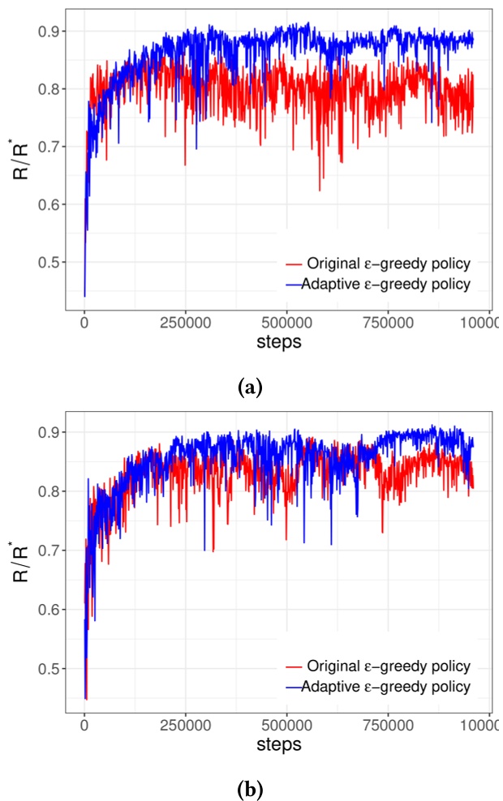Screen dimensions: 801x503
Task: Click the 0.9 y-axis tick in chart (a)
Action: tap(52, 32)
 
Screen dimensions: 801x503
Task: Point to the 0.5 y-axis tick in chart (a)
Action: tap(52, 262)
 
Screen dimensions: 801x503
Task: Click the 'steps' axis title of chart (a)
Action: tap(278, 342)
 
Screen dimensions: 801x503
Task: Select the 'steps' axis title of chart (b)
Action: tap(278, 743)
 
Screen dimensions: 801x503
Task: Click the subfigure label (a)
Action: tap(251, 388)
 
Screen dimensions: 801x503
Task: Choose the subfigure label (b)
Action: tap(251, 786)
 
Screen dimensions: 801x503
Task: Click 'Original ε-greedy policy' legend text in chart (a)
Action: tap(389, 263)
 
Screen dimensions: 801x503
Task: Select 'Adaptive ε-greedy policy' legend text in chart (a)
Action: tap(386, 284)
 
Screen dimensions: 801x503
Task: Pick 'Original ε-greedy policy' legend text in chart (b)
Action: tap(389, 666)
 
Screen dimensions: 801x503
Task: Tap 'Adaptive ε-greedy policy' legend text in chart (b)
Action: tap(386, 686)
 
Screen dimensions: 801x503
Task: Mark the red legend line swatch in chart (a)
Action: tap(294, 264)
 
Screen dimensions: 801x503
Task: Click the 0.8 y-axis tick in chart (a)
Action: tap(52, 89)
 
